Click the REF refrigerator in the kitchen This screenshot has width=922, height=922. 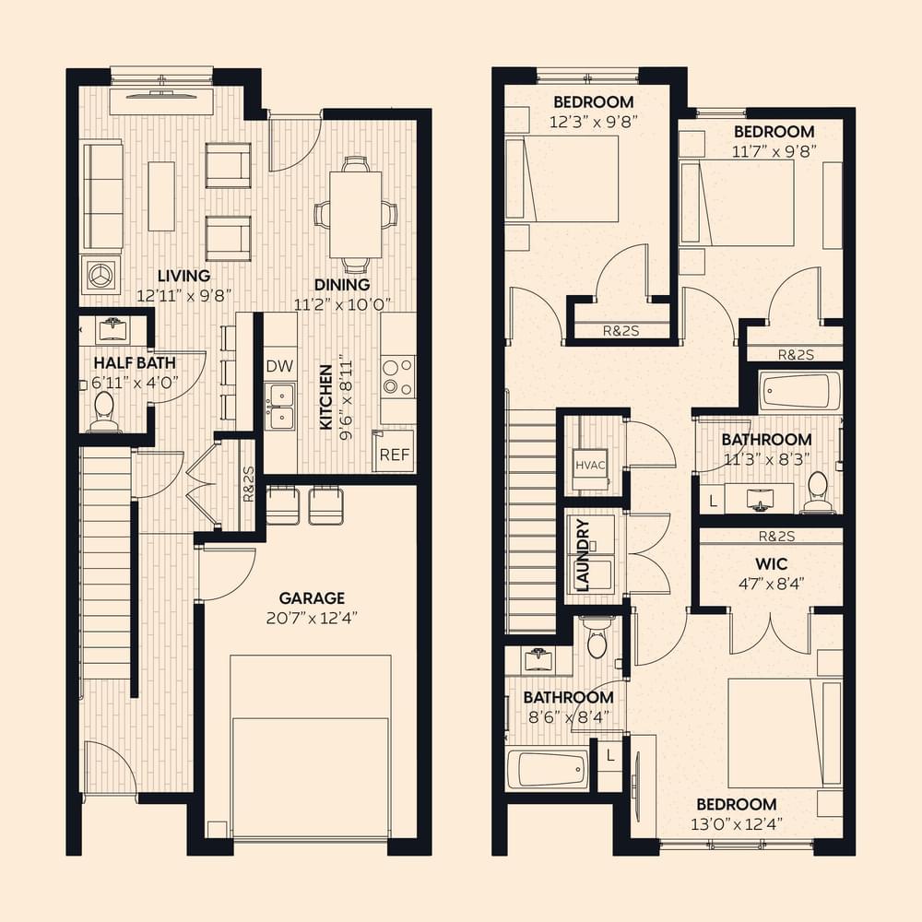click(x=394, y=451)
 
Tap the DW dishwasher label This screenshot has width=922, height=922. click(x=279, y=366)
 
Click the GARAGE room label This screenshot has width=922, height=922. click(x=312, y=598)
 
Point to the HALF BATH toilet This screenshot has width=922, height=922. click(x=104, y=411)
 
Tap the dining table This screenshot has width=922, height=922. click(x=355, y=214)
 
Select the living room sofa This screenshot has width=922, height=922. click(x=103, y=195)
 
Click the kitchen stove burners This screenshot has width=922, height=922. click(x=397, y=377)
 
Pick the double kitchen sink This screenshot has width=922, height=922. click(x=280, y=406)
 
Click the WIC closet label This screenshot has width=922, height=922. click(x=771, y=564)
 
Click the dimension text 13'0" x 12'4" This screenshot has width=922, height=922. click(x=736, y=823)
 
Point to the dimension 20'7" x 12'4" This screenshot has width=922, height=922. click(x=312, y=618)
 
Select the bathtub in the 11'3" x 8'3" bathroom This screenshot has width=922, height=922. click(x=799, y=392)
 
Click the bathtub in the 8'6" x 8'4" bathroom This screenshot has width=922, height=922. click(x=547, y=769)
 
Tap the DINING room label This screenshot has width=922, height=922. click(x=342, y=285)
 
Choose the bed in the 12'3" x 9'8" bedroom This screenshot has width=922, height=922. click(x=562, y=179)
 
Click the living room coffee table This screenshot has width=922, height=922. click(x=161, y=196)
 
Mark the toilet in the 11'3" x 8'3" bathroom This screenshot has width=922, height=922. click(x=818, y=492)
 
